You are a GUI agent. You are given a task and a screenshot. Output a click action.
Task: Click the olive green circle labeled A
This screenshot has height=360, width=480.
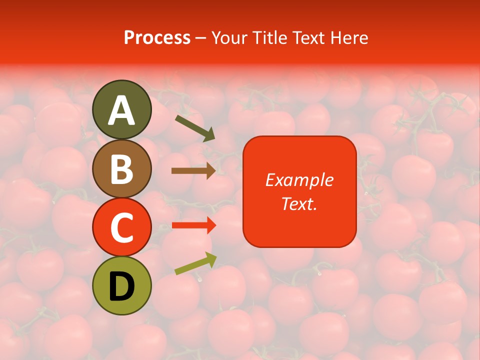click(121, 109)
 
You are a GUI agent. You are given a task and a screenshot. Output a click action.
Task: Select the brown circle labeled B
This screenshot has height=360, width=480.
click(121, 168)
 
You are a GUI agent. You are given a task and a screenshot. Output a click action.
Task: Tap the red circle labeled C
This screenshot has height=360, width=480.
click(121, 227)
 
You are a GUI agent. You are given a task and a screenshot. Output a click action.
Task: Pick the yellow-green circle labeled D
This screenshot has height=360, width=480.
click(121, 286)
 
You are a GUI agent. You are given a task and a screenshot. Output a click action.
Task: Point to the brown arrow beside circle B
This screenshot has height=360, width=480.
click(193, 170)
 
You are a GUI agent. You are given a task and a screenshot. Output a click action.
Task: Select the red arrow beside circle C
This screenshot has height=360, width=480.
click(193, 225)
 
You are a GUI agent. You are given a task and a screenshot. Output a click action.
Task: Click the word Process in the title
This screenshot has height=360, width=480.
click(157, 38)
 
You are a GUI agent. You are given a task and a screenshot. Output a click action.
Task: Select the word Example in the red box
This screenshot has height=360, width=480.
click(299, 180)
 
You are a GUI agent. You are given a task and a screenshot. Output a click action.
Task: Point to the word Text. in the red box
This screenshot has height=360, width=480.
click(299, 203)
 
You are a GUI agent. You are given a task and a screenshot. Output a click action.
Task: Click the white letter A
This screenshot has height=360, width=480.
click(121, 110)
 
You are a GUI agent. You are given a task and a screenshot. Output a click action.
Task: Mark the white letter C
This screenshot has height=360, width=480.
click(121, 228)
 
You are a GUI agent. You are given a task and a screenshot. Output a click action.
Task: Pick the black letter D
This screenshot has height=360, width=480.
click(121, 286)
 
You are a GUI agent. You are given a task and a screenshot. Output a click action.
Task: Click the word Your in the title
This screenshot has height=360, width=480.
click(230, 38)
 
